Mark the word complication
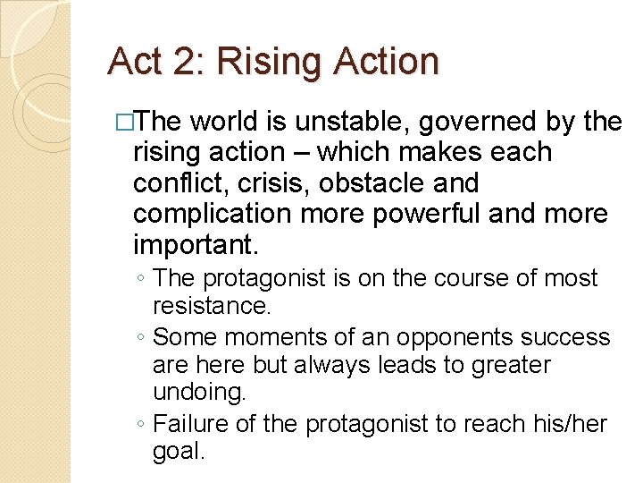[212, 215]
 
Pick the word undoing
[192, 394]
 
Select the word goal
[179, 452]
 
